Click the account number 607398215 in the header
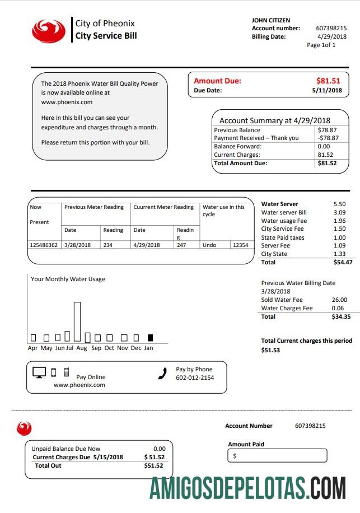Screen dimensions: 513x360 [x=331, y=28]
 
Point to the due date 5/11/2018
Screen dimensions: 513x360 [x=326, y=90]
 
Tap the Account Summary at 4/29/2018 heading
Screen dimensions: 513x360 [x=274, y=120]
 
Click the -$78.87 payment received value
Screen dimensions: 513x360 [x=327, y=138]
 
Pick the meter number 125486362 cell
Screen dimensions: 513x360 [x=44, y=245]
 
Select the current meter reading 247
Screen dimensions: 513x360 [x=181, y=245]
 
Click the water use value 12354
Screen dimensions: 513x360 [x=240, y=245]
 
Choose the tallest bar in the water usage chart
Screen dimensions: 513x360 [x=77, y=321]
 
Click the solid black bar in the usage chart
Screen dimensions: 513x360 [x=150, y=338]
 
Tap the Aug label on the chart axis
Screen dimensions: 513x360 [x=82, y=348]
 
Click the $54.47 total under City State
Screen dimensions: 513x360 [x=342, y=262]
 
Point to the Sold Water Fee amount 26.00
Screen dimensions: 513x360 [x=339, y=300]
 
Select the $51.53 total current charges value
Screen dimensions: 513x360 [x=270, y=350]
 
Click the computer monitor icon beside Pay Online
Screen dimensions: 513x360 [x=39, y=372]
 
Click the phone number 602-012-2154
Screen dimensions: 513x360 [x=195, y=377]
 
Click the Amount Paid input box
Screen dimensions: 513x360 [x=277, y=456]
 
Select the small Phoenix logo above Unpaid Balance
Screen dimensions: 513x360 [x=24, y=428]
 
